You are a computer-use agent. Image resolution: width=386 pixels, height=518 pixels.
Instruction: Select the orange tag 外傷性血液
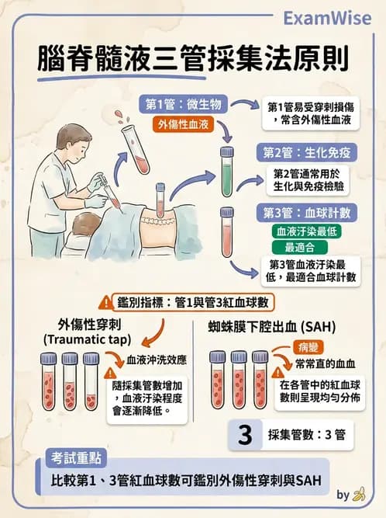[182, 123]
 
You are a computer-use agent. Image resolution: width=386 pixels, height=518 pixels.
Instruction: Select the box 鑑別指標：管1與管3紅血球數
[192, 301]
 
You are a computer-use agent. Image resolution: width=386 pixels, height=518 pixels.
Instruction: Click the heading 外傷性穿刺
[89, 324]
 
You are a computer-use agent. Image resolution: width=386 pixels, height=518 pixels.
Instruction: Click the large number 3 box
[245, 435]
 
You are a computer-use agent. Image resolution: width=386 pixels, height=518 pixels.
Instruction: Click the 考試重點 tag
[75, 458]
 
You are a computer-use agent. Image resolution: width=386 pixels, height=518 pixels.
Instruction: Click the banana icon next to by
[358, 494]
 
